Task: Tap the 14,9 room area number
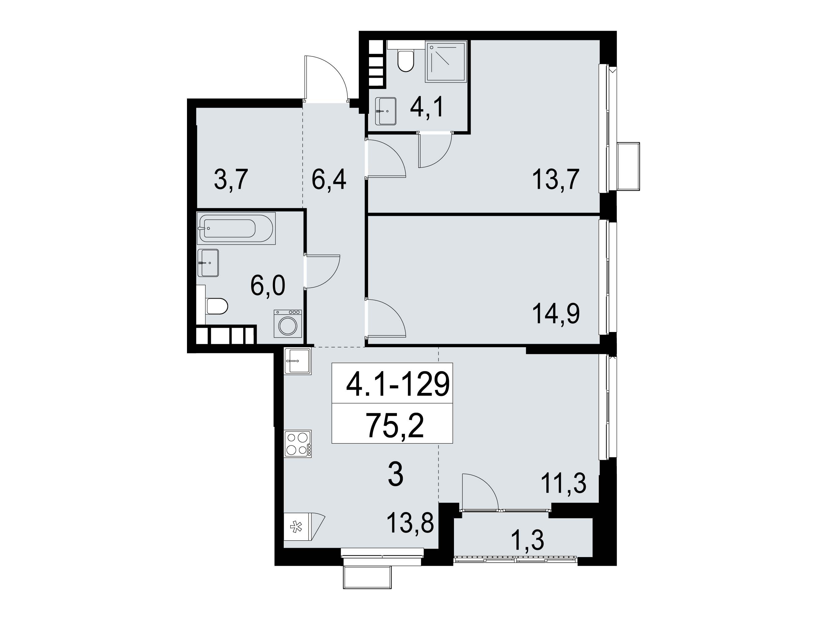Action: (556, 314)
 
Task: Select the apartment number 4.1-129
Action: (398, 385)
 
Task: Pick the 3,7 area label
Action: (231, 180)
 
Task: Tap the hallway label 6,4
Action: (329, 180)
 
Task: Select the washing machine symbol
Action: (287, 323)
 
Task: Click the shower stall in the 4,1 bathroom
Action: (446, 61)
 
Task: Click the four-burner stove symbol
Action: (298, 444)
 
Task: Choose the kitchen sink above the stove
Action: (298, 361)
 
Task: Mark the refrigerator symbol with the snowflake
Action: (304, 527)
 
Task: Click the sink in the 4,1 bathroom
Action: (385, 111)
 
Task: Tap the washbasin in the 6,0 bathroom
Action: (208, 263)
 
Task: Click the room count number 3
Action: (396, 474)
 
